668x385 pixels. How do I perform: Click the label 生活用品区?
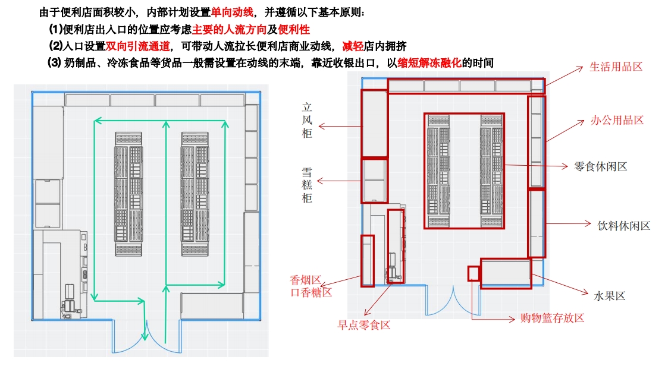pos(616,67)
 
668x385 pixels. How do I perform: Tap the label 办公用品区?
pos(617,120)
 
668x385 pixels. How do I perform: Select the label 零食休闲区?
pos(601,166)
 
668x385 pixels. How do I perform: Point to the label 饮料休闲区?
pos(624,225)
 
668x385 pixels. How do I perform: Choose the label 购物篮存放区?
pos(552,318)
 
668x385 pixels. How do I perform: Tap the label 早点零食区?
pos(364,325)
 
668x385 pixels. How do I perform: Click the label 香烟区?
pos(306,280)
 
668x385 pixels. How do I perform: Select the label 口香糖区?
pos(311,292)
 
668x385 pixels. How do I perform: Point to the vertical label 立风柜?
pos(307,121)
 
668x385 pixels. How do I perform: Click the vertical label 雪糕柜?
pos(307,185)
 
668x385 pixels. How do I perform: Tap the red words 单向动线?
pos(232,12)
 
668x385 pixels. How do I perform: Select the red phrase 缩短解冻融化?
pos(429,62)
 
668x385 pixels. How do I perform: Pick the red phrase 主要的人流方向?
pos(228,29)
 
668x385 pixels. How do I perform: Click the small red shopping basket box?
pos(473,273)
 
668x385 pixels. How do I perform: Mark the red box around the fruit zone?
pos(506,273)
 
